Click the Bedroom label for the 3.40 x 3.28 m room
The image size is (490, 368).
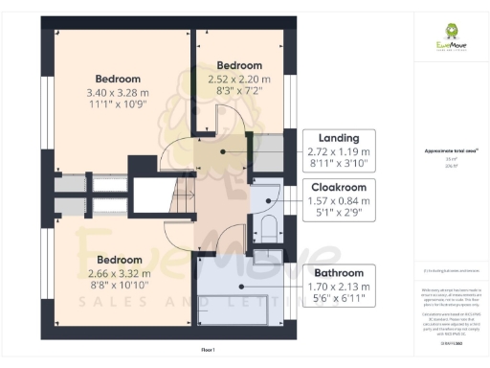point(118,79)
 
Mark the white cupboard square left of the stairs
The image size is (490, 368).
point(148,195)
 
